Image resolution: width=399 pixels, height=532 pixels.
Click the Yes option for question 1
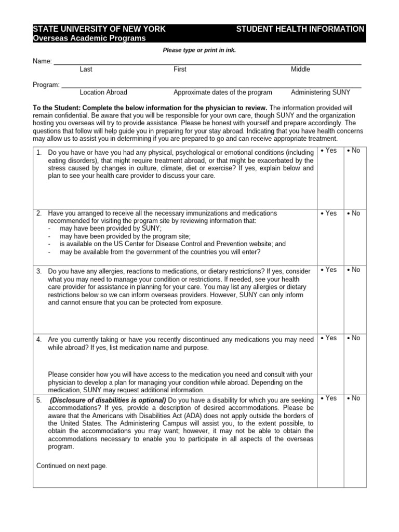329,151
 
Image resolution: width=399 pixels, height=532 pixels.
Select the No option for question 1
354,151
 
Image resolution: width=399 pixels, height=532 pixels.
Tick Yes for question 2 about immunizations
329,213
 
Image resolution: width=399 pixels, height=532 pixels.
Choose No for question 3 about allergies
354,270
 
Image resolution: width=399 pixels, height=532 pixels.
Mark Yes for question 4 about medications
329,338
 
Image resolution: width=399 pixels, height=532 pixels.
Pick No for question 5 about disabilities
354,398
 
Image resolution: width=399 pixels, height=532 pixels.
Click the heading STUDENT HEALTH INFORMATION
300,29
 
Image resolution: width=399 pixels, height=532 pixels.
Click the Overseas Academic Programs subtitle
89,38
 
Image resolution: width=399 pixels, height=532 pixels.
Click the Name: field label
43,61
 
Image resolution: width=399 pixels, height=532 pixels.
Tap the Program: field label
46,85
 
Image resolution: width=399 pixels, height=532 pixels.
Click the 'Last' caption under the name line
86,69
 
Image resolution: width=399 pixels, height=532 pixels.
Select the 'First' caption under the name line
180,69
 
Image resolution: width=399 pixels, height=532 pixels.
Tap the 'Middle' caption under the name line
301,69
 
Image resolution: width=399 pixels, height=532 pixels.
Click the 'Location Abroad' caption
103,92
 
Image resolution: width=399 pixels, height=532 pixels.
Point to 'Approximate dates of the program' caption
222,92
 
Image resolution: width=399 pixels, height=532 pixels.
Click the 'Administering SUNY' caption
321,92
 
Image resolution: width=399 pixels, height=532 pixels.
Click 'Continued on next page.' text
72,466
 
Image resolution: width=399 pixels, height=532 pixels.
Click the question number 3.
39,271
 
